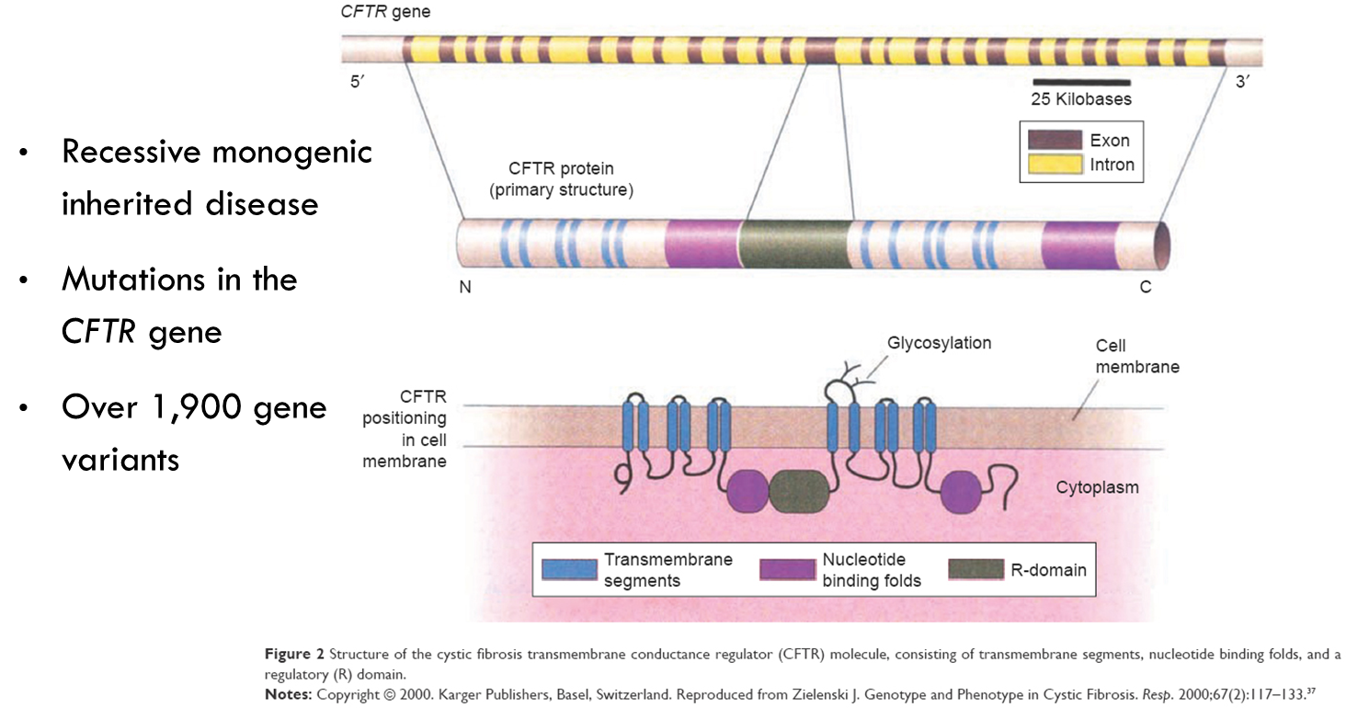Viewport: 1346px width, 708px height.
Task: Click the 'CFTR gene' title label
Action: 384,12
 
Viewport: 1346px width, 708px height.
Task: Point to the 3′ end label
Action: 1243,82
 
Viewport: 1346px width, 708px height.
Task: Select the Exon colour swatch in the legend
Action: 1055,141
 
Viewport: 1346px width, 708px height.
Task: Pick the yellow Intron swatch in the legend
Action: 1055,166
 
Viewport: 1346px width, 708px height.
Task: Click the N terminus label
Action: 465,288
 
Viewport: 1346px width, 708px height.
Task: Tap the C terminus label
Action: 1146,288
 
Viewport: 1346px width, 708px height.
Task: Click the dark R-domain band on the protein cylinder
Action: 794,245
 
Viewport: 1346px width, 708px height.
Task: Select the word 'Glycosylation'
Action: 939,343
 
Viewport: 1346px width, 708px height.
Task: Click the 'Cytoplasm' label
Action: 1097,487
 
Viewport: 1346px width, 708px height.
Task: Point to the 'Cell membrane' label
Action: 1137,357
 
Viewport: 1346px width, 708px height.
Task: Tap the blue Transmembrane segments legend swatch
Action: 569,570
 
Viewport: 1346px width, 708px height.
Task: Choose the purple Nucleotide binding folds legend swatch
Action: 787,570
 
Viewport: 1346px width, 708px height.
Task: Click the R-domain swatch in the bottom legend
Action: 975,570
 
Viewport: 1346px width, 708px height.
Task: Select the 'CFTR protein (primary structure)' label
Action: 561,179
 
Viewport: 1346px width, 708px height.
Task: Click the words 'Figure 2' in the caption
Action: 294,655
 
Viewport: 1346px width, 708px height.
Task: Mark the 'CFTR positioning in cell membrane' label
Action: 405,429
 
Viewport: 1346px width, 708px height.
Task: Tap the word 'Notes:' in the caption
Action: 288,693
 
